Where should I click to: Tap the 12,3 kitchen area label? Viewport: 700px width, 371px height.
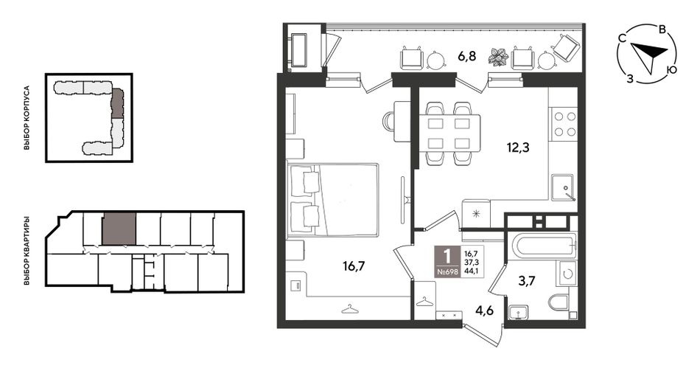pyautogui.click(x=518, y=147)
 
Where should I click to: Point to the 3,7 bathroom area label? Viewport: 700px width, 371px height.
pyautogui.click(x=527, y=281)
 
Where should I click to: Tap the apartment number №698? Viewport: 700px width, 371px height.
pyautogui.click(x=447, y=271)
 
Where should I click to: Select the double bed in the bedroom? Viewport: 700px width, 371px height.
pyautogui.click(x=333, y=199)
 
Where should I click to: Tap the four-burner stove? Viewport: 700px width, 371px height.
pyautogui.click(x=564, y=124)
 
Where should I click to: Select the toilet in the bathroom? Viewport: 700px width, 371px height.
pyautogui.click(x=559, y=302)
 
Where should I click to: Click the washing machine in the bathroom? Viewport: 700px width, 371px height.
pyautogui.click(x=567, y=274)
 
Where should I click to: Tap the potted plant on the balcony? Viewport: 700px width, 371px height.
pyautogui.click(x=498, y=56)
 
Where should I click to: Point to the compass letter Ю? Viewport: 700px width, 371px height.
pyautogui.click(x=670, y=70)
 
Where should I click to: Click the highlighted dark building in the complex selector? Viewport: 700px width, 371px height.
pyautogui.click(x=117, y=103)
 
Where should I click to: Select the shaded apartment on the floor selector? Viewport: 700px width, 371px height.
pyautogui.click(x=119, y=229)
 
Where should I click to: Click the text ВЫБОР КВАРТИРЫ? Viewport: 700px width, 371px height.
pyautogui.click(x=27, y=252)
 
